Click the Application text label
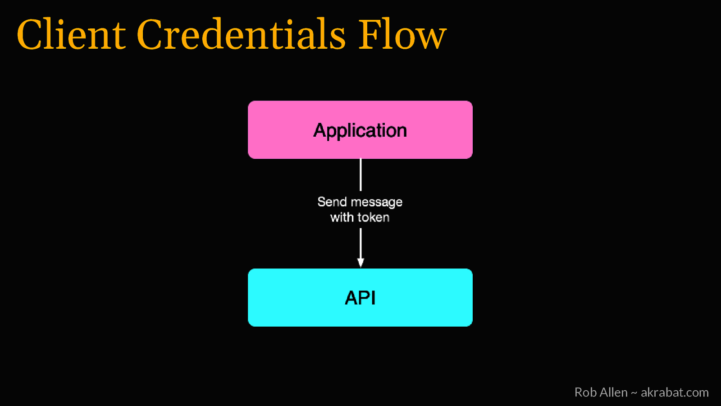tap(360, 130)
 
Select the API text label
tap(360, 298)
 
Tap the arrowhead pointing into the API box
tap(360, 263)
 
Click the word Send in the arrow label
tap(332, 202)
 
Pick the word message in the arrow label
tap(376, 202)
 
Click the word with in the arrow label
tap(342, 217)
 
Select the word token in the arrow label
tap(373, 217)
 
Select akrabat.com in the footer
tap(675, 392)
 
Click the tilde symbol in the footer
tap(634, 393)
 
